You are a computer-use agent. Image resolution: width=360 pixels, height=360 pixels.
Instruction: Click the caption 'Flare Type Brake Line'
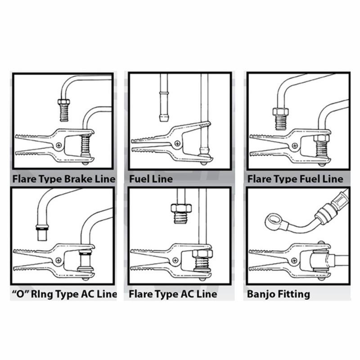pos(63,179)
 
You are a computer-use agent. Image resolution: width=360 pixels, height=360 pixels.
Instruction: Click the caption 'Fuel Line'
pos(151,179)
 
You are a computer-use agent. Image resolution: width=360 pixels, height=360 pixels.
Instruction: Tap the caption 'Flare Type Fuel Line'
pos(295,179)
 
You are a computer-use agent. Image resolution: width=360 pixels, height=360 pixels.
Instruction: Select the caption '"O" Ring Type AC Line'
pos(63,294)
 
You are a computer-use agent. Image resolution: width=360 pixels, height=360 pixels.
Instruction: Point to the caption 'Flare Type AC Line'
pos(173,294)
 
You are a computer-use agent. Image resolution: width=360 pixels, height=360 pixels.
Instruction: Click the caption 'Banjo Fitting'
pos(279,294)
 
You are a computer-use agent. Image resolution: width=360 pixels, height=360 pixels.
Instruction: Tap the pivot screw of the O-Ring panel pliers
pos(59,260)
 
